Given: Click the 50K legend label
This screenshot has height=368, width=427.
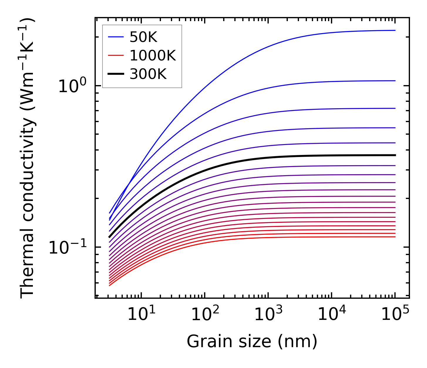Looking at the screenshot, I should coord(144,37).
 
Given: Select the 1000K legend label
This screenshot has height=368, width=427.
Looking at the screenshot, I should coord(153,56).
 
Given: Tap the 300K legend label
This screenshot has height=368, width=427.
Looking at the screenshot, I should coord(148,74).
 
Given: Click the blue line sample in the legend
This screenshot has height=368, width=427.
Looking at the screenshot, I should coord(116,37).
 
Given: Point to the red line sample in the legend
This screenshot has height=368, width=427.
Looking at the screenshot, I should coord(116,56).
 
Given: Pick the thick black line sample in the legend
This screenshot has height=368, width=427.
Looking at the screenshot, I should coord(116,74).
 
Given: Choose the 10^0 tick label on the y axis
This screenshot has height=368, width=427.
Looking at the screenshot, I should coord(72,86).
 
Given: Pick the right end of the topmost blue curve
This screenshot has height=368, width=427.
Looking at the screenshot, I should coord(395,30).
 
